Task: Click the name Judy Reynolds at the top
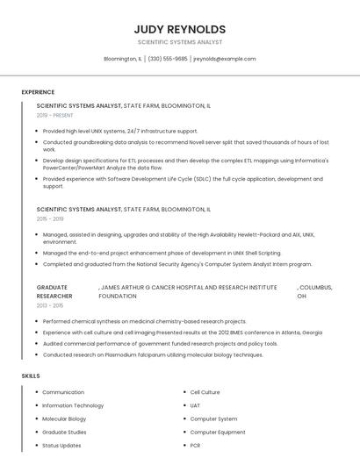coord(180,29)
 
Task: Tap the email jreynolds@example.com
coord(224,59)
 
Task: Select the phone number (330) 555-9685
coord(168,59)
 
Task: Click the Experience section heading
coord(38,92)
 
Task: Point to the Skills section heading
coord(31,376)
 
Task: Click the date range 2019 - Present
coord(55,115)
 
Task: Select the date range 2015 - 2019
coord(50,219)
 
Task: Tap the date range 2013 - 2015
coord(50,305)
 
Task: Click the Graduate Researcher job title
coord(54,291)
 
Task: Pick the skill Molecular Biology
coord(64,418)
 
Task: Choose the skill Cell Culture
coord(205,392)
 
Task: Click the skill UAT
coord(195,405)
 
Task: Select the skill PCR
coord(195,445)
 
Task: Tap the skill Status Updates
coord(61,445)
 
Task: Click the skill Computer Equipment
coord(218,432)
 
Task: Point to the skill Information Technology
coord(73,405)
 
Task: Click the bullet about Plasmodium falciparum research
coord(153,355)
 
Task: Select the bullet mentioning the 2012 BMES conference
coord(182,333)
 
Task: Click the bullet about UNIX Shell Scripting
coord(162,253)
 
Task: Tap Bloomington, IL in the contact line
coord(122,59)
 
